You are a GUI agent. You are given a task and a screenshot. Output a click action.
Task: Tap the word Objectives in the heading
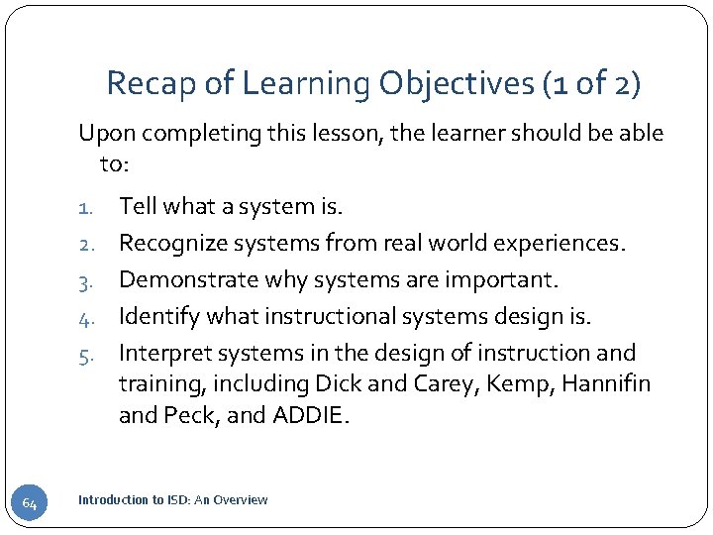click(x=456, y=83)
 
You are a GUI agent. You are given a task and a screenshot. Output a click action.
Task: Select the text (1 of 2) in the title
click(x=593, y=83)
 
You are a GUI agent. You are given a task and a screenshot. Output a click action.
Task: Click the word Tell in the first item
click(x=138, y=207)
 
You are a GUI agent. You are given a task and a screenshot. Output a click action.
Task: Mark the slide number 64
click(x=30, y=505)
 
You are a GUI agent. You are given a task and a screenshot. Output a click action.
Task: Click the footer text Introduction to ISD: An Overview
click(x=172, y=500)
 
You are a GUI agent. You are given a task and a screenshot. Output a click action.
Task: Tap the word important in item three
click(x=503, y=280)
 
